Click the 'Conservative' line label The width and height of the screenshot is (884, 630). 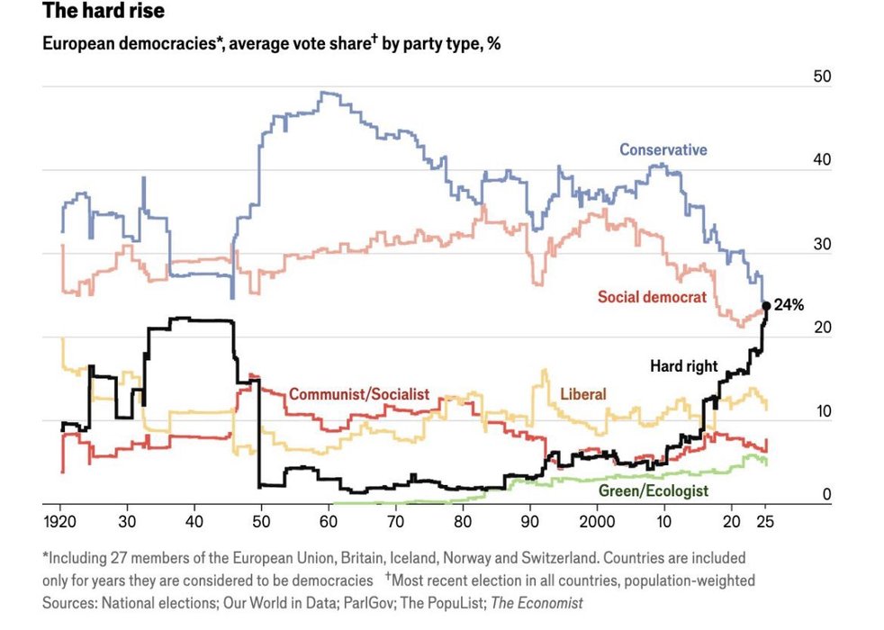pos(663,150)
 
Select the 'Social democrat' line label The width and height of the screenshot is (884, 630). pos(652,297)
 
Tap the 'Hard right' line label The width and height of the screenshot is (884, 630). pos(684,366)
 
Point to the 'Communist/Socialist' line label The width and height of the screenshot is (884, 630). pos(359,394)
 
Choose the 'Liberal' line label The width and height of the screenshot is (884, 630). pos(582,394)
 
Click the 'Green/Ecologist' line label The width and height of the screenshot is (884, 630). pos(653,490)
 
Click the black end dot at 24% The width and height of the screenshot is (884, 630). pos(766,305)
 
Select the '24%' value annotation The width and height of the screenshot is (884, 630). pos(789,305)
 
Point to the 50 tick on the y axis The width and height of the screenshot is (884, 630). pos(822,76)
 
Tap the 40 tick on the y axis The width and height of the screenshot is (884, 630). pos(822,160)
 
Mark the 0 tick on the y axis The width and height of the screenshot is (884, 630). pos(826,495)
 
